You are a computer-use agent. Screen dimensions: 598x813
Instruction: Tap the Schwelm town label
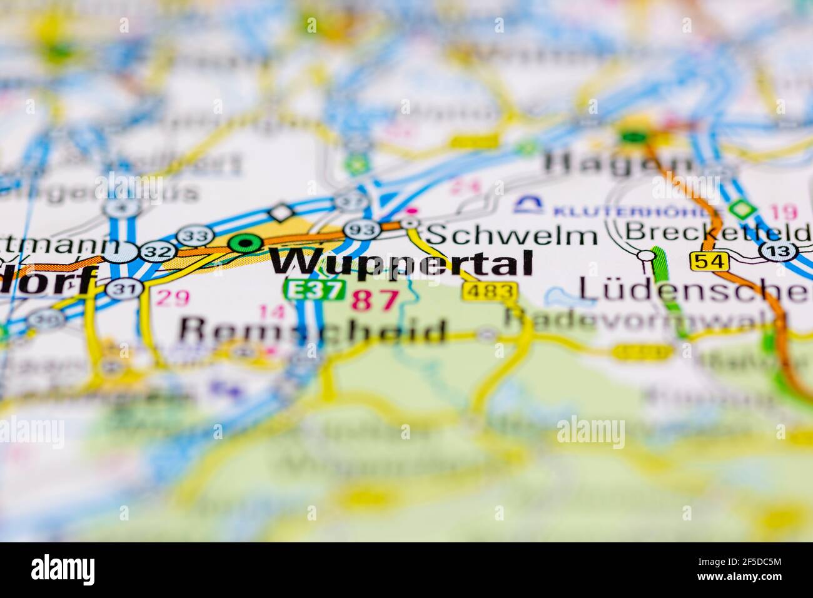click(x=512, y=236)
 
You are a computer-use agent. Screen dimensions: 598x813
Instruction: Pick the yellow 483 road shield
click(x=490, y=290)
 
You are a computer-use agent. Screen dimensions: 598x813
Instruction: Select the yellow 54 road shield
click(x=710, y=260)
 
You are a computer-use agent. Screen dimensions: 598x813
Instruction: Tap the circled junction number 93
click(x=361, y=230)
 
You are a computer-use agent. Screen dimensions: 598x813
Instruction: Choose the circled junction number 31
click(x=119, y=288)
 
